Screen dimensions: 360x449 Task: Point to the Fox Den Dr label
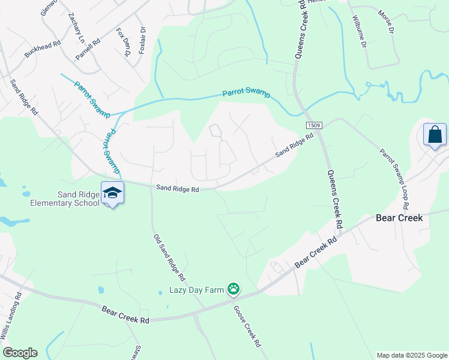point(123,42)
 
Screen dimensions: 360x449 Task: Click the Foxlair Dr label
point(142,40)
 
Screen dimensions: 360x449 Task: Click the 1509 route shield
point(314,125)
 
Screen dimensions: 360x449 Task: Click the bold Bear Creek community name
point(399,218)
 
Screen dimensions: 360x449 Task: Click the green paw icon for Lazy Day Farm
point(234,290)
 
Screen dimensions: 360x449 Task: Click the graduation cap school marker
point(112,192)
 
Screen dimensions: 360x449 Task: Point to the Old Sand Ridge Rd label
point(168,258)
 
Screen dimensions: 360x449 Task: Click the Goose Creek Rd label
point(248,325)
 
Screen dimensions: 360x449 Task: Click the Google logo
point(20,353)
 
